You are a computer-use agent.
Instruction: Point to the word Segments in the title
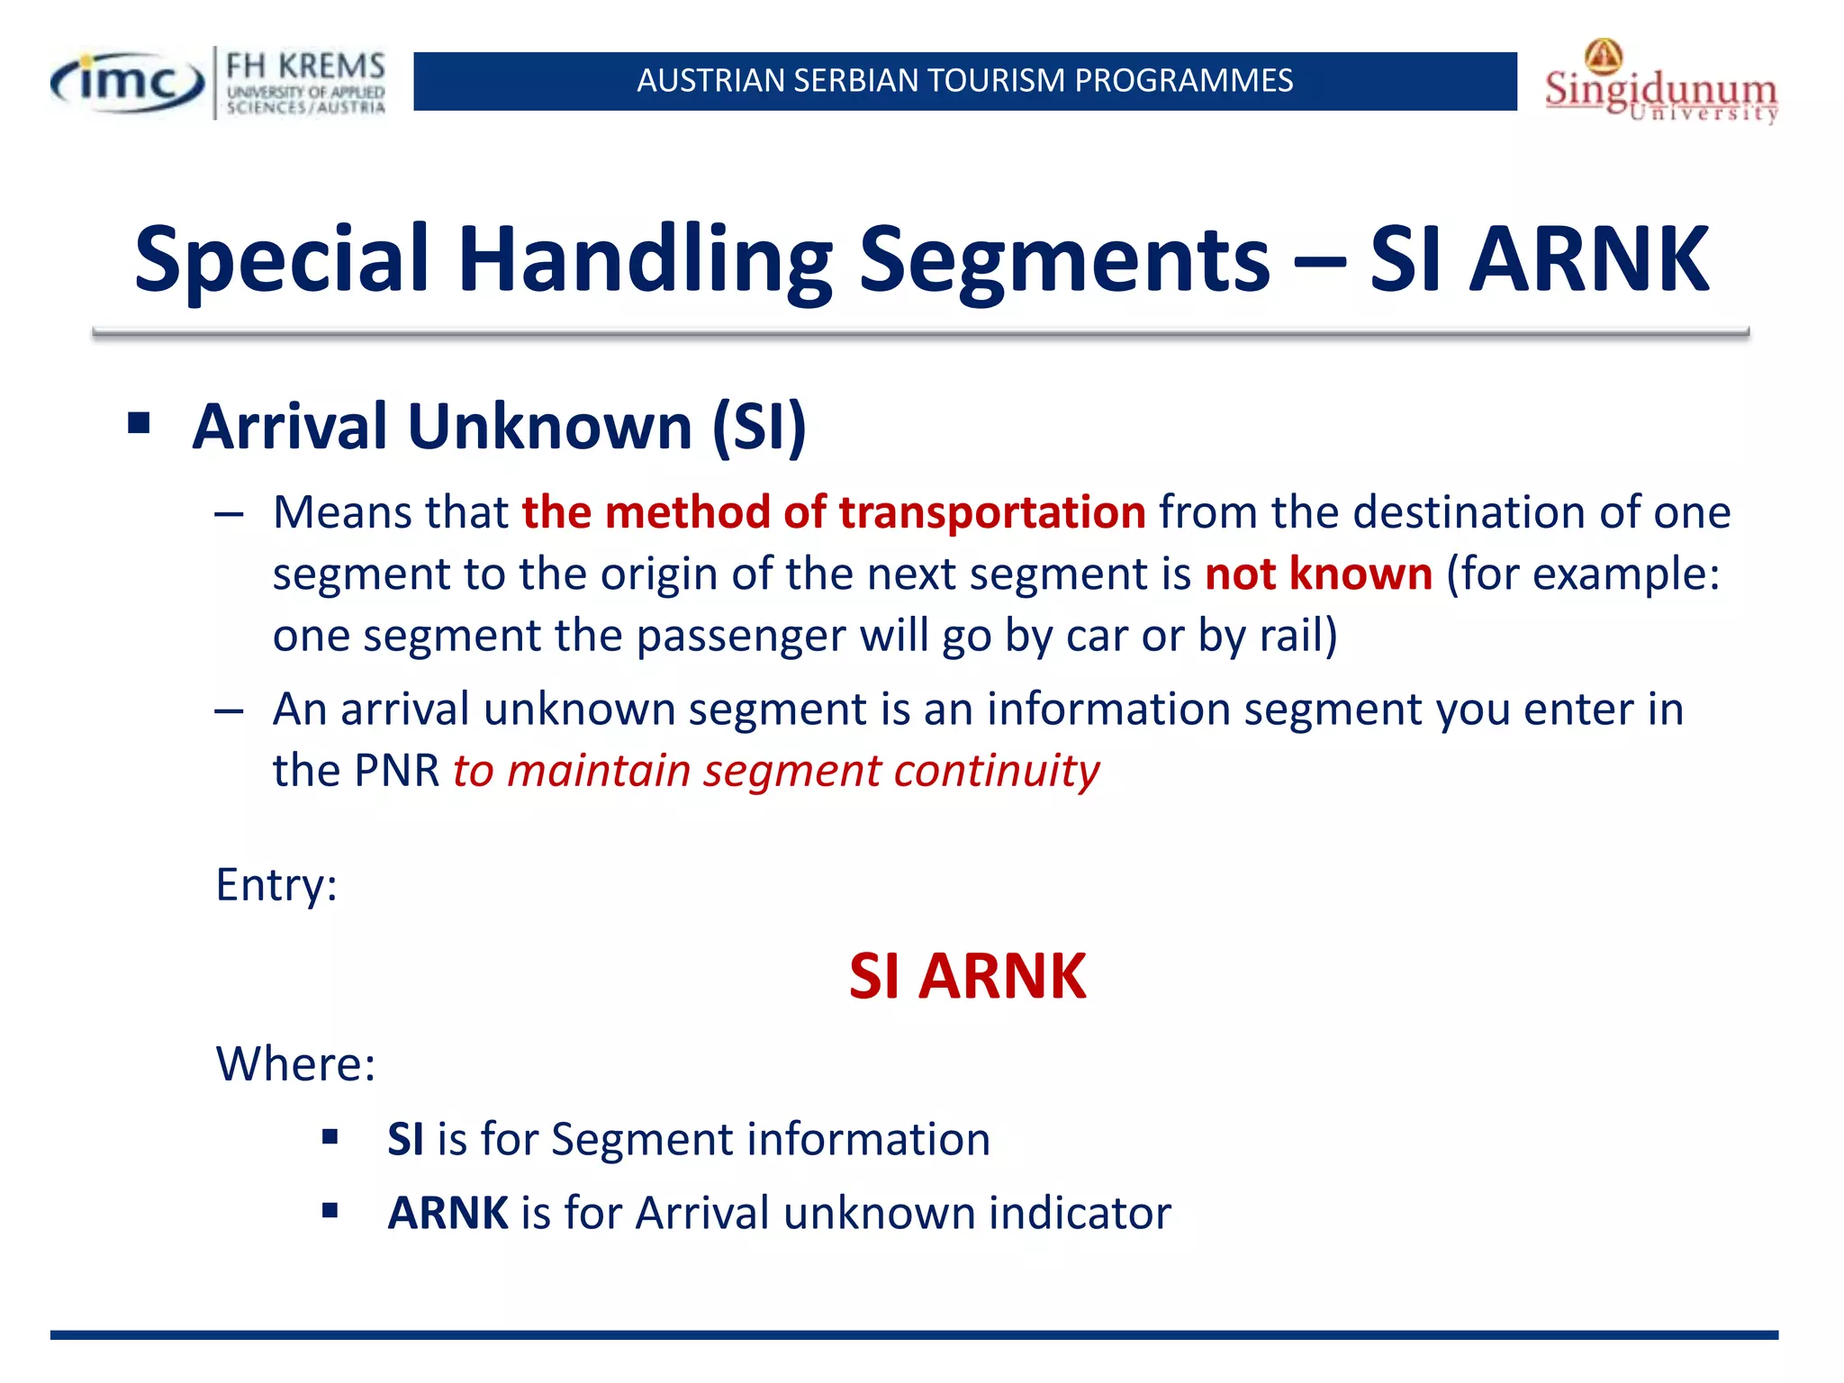(1063, 259)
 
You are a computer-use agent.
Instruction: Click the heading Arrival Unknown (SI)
(499, 426)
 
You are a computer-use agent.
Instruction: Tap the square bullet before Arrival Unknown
(139, 422)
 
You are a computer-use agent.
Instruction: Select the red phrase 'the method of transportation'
(834, 511)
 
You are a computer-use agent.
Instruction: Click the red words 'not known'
(1318, 574)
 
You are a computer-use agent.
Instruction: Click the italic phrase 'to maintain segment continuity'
(775, 771)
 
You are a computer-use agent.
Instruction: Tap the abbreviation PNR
(396, 771)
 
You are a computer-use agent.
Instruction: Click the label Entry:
(276, 884)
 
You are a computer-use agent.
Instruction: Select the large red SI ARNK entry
(967, 976)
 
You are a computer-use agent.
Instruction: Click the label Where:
(295, 1063)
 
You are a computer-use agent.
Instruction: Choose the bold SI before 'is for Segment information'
(405, 1139)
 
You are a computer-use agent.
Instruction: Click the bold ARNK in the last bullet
(447, 1213)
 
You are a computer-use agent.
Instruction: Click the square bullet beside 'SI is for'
(330, 1137)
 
